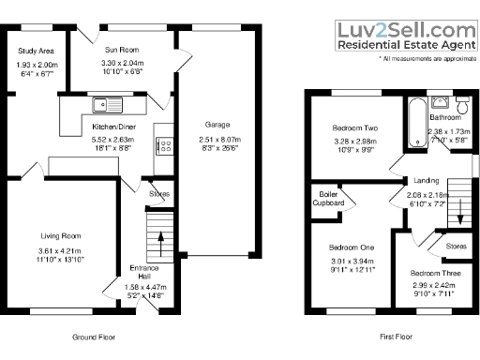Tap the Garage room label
217,124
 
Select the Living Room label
61,235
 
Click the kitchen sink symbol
102,102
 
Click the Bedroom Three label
432,274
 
